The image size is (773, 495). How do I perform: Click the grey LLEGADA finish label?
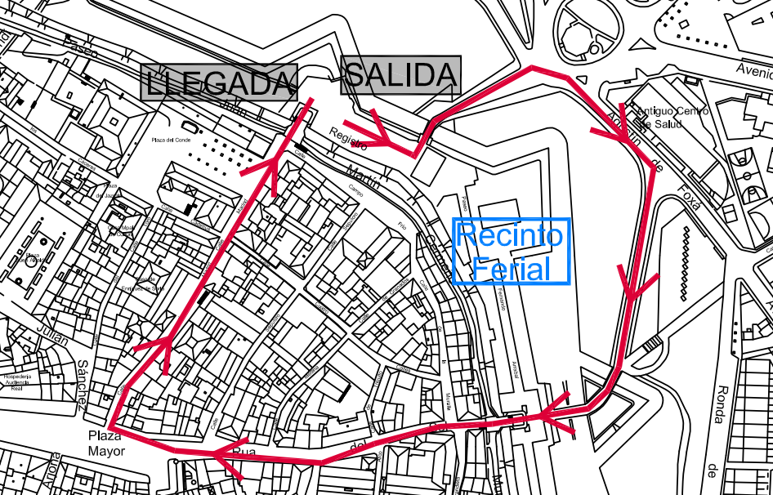(x=219, y=82)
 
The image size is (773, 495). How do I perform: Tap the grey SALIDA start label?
(x=400, y=76)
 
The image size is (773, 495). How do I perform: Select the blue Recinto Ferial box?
(x=511, y=252)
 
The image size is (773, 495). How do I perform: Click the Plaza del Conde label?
(x=170, y=140)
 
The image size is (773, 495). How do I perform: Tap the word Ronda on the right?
(x=719, y=404)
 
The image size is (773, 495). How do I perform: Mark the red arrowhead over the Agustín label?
(x=623, y=136)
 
